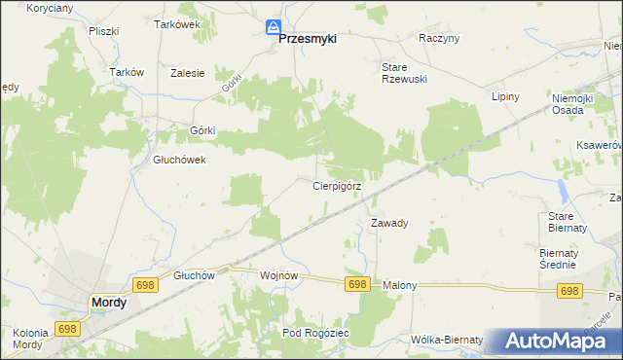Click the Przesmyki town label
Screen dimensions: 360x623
(x=308, y=39)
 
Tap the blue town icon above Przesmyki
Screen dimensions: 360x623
(x=275, y=27)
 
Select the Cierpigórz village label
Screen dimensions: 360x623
(x=337, y=185)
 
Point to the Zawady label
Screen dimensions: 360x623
(x=388, y=223)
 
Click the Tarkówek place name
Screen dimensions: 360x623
(x=176, y=25)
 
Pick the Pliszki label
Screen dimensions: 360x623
(x=102, y=31)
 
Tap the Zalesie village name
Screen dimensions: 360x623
(x=187, y=72)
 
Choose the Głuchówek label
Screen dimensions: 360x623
(x=179, y=161)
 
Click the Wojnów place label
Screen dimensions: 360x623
(x=278, y=275)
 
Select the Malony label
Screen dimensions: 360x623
(x=399, y=285)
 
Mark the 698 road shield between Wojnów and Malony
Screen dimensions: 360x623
(x=357, y=284)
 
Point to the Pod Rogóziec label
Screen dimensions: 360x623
(x=314, y=333)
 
